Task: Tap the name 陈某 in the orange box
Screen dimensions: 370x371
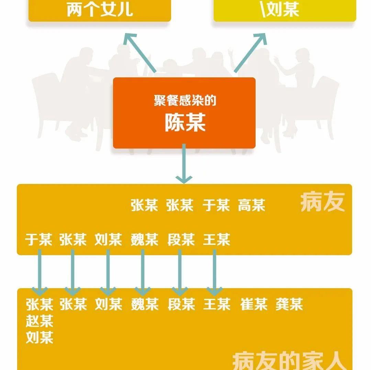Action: click(185, 123)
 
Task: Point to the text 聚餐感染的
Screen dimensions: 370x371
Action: click(185, 101)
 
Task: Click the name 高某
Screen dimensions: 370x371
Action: click(251, 206)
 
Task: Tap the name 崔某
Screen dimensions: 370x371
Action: click(254, 304)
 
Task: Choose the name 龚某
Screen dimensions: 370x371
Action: click(289, 304)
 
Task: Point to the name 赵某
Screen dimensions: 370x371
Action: click(40, 322)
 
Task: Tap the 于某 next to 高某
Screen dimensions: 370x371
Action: click(216, 206)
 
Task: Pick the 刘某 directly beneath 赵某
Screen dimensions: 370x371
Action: click(40, 338)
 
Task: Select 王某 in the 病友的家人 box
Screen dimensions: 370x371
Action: click(216, 304)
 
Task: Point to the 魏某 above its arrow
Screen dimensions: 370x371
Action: click(144, 240)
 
